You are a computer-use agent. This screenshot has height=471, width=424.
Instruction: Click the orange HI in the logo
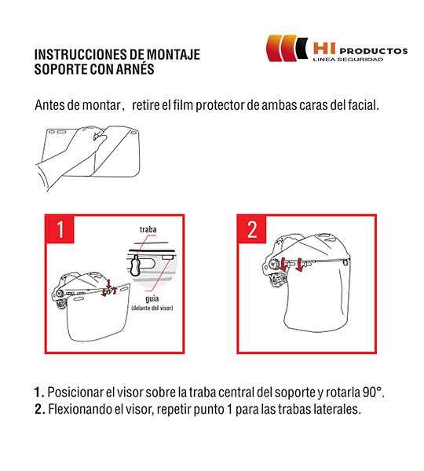(x=324, y=49)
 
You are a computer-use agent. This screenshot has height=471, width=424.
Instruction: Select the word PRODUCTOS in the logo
(x=374, y=51)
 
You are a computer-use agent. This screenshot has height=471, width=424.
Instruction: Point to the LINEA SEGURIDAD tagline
(x=348, y=59)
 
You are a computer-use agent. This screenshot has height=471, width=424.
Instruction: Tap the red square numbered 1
(x=60, y=229)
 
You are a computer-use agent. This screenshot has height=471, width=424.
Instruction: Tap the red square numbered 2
(x=252, y=229)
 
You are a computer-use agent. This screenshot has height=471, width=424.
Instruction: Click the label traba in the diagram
(x=148, y=229)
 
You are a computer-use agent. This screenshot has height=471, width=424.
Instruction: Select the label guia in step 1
(x=152, y=299)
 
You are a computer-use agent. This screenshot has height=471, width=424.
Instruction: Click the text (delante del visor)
(x=152, y=309)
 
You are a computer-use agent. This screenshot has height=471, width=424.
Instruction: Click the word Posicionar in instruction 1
(x=75, y=392)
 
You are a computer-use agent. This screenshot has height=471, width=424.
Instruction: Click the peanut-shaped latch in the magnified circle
(x=135, y=266)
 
